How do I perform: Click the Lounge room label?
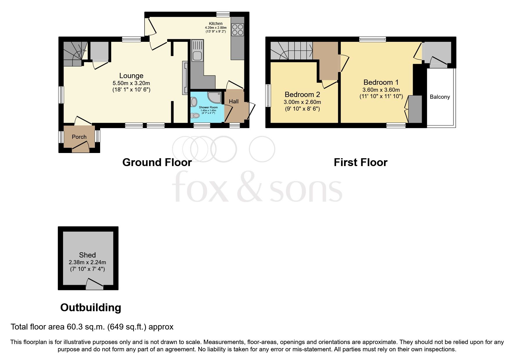click(131, 76)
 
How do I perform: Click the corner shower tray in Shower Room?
click(215, 98)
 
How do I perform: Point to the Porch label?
click(79, 137)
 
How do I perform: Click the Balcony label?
click(440, 97)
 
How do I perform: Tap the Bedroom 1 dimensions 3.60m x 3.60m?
click(381, 90)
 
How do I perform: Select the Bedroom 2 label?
click(302, 94)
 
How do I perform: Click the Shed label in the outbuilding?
click(87, 255)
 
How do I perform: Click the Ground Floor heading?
click(157, 162)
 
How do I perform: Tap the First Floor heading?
click(360, 162)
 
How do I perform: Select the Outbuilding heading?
click(91, 307)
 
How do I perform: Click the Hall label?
click(234, 101)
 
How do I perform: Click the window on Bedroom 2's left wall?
click(268, 96)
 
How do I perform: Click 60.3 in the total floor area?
click(74, 327)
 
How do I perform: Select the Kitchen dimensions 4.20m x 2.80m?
click(216, 28)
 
